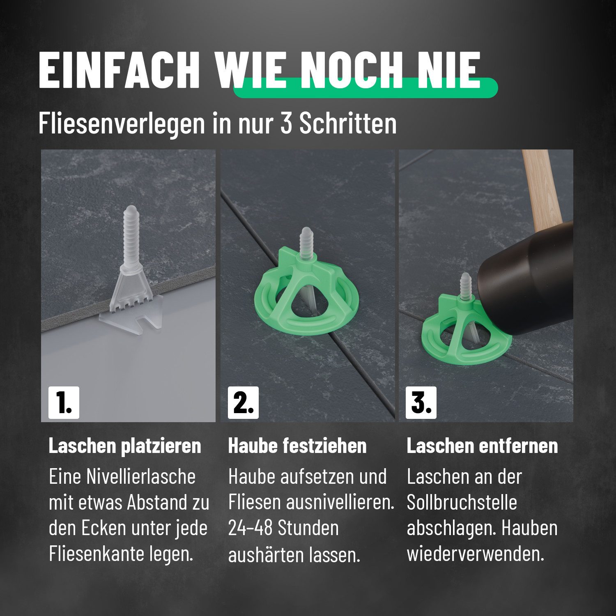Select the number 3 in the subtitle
[x=286, y=122]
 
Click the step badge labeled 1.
[x=64, y=402]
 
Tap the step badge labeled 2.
[x=243, y=402]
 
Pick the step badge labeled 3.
[x=421, y=402]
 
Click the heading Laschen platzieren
[x=125, y=446]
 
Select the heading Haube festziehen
[x=297, y=446]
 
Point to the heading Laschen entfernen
[x=482, y=446]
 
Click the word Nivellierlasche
[x=140, y=477]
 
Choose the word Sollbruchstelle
[x=462, y=503]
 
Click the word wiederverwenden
[x=475, y=554]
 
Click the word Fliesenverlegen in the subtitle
[x=122, y=122]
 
